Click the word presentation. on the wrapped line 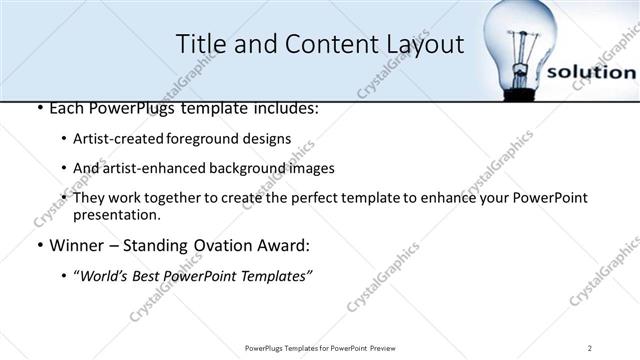(117, 215)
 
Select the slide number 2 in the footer (591, 347)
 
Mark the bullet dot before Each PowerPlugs (38, 108)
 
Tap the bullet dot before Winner (38, 245)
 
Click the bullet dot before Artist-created (64, 139)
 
